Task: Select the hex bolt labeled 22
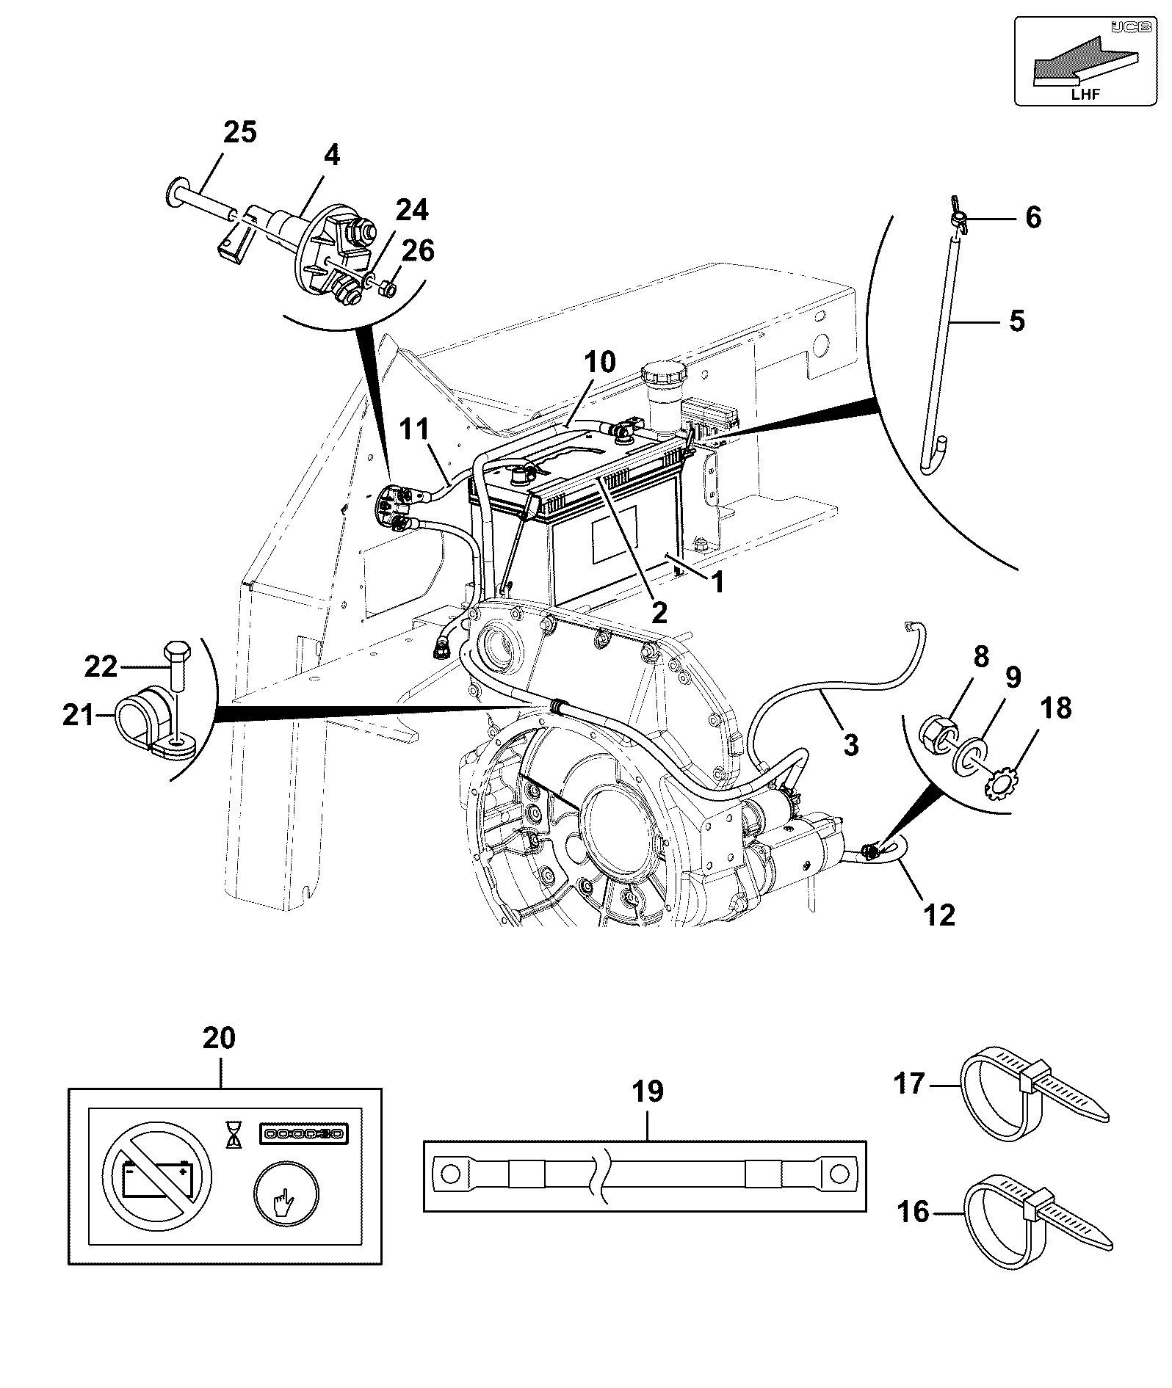(x=176, y=664)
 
